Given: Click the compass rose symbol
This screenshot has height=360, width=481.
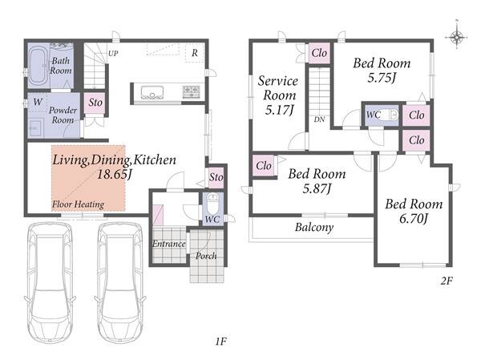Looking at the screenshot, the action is point(456,37).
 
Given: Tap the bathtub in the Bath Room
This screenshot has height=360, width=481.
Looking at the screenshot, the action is point(38,66).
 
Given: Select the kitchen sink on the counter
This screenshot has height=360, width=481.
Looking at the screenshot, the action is point(152,92).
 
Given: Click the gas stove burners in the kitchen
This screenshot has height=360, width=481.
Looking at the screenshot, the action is point(192,92).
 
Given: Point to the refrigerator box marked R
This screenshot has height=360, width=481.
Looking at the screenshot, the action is point(195,53).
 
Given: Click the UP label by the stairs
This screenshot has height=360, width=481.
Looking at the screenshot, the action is point(113,54).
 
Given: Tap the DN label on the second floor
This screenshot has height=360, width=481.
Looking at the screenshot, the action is point(319,119).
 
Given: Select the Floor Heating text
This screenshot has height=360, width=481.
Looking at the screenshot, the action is point(78,204).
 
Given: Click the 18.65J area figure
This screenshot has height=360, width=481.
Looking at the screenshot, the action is point(115,174).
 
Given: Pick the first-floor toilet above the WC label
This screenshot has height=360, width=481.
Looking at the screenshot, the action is point(212,203).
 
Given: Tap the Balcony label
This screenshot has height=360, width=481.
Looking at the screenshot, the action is point(314,228).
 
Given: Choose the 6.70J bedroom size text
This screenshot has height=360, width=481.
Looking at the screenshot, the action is point(414,219).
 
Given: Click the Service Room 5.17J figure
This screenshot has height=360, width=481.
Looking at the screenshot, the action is point(279,110).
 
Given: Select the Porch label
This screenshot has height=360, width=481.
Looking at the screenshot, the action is point(206,256).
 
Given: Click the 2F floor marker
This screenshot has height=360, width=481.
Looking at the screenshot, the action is point(447,281).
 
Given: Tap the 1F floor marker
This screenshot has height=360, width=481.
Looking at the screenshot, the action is point(220,342).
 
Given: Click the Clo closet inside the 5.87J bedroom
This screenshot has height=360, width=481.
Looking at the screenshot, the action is point(264,166).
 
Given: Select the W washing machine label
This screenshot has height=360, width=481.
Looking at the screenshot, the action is point(38,102).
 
